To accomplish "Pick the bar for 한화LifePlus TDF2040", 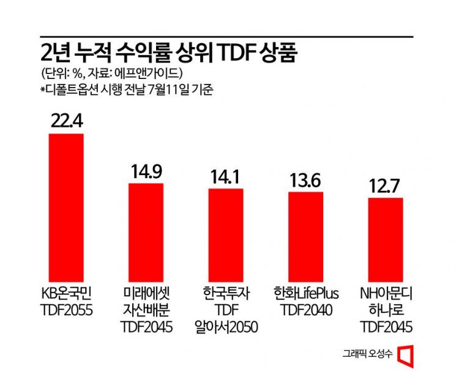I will point(305,235).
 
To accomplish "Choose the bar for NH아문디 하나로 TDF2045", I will point(385,238).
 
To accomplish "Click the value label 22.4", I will point(65,121).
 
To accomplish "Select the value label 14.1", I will point(226,176).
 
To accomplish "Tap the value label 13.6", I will point(305,179).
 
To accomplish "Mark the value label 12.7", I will point(385,185).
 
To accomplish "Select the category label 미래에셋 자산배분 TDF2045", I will point(146,310).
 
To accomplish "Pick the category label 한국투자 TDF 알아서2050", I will point(226,310).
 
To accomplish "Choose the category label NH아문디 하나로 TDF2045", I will point(385,310).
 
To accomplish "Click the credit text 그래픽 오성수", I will point(367,353).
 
